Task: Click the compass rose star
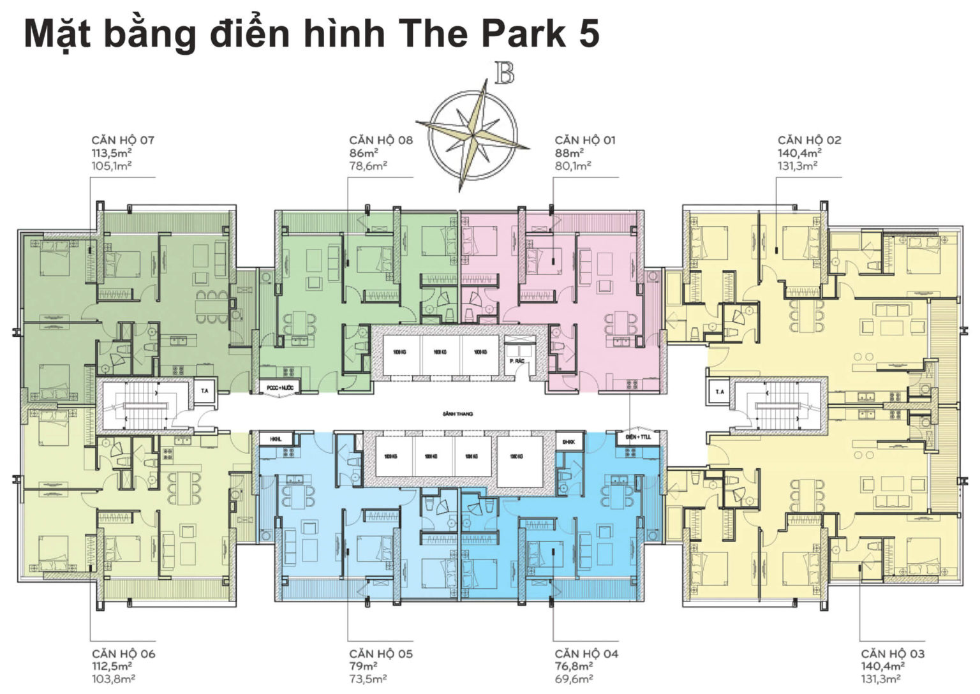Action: [x=472, y=135]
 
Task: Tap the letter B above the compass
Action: [x=504, y=74]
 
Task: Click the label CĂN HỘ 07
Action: [x=122, y=140]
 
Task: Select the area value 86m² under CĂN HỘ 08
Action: [x=363, y=153]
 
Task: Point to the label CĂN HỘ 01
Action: [x=584, y=140]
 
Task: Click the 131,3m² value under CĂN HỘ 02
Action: [x=798, y=166]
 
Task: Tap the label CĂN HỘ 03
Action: [x=892, y=654]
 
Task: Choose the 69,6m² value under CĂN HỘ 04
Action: [x=574, y=679]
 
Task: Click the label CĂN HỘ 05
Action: [x=380, y=654]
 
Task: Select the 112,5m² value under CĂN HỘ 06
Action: [x=112, y=667]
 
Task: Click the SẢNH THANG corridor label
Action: [x=457, y=414]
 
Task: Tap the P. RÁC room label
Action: [x=517, y=361]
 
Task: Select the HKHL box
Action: [x=276, y=439]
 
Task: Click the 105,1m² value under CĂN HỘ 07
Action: [x=112, y=166]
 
